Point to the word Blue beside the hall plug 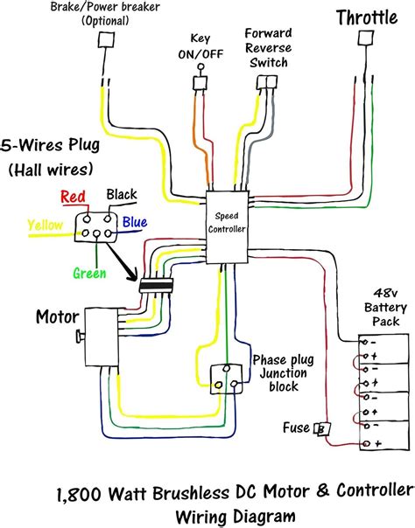pos(135,223)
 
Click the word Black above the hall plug pos(122,193)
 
